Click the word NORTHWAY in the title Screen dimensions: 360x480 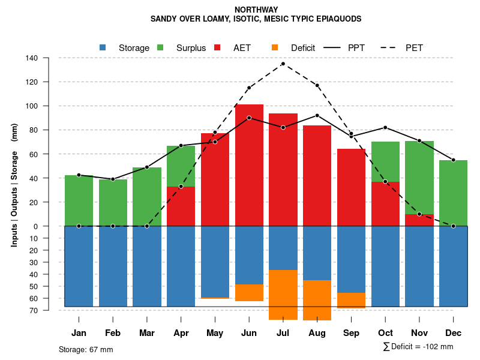(256, 10)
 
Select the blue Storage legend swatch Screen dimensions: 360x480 (103, 47)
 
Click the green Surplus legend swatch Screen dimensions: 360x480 (160, 47)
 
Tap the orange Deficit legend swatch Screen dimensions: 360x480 (275, 47)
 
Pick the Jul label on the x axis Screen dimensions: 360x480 (283, 333)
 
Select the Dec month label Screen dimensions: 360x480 (453, 333)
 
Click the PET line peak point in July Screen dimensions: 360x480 (283, 64)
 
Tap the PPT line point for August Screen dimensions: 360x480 (317, 115)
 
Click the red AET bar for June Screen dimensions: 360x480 (249, 165)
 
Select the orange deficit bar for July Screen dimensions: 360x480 (283, 295)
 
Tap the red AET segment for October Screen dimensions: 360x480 (385, 204)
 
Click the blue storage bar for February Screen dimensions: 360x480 (113, 266)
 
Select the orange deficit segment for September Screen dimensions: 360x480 (351, 301)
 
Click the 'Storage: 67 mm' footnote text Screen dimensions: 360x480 (86, 349)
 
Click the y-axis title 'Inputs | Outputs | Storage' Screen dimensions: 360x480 (14, 185)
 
